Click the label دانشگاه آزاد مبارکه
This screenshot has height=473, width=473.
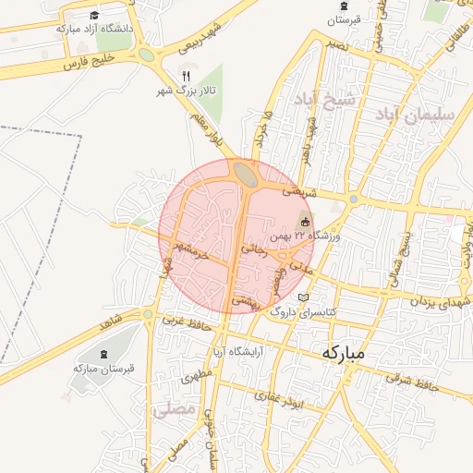tap(94, 29)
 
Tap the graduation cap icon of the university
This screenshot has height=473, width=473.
tap(95, 15)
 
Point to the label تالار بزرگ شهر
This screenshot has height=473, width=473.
tap(186, 91)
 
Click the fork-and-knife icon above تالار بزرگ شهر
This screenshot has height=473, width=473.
tap(186, 76)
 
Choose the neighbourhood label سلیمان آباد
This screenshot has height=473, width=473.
tap(415, 115)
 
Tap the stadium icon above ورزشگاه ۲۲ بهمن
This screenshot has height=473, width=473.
tap(306, 222)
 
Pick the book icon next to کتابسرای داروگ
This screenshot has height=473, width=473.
tap(305, 297)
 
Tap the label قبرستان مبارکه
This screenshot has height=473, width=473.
tap(103, 368)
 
